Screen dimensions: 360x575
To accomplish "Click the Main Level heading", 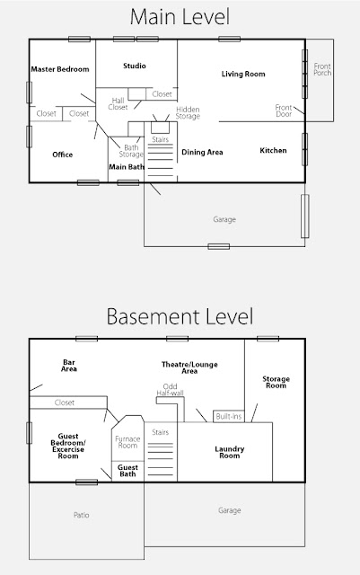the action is pos(180,17).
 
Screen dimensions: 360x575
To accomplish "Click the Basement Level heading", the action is pos(180,316).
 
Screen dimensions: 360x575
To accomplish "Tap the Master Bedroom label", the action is pos(60,69).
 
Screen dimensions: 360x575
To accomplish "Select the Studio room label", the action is pos(135,66).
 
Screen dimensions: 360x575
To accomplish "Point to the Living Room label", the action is pos(243,74).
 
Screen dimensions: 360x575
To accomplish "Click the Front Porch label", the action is pos(322,69).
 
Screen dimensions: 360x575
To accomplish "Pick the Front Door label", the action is pos(284,111).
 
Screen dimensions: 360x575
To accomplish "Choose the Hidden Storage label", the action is pos(188,113).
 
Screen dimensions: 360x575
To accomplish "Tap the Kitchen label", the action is pos(273,150).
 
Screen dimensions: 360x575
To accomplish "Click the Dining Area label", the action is pos(202,152).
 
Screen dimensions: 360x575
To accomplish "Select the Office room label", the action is pos(63,155).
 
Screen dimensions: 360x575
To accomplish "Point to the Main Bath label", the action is pos(127,167).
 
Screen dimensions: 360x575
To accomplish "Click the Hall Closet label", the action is pos(118,104).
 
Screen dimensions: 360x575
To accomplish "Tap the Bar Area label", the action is pos(69,366).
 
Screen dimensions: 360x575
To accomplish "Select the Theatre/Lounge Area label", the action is pos(189,367).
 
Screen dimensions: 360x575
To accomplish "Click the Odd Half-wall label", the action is pos(170,390).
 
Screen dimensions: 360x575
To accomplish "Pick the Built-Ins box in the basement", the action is pos(229,416).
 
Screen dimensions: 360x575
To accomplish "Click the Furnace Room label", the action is pos(127,442).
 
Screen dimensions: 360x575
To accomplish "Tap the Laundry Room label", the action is pos(230,452).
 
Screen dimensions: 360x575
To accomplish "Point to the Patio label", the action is pos(82,515).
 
